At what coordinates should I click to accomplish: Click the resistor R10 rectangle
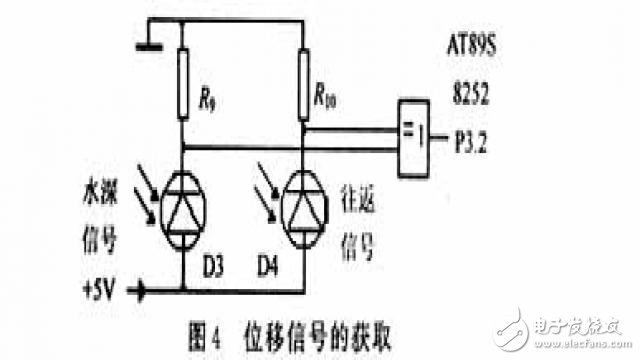pos(301,84)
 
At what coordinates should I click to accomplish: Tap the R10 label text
pos(325,98)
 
